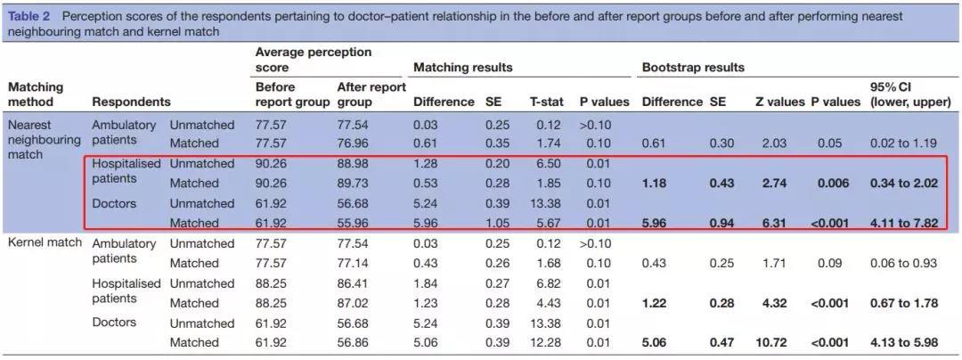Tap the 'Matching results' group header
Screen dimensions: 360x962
pos(463,67)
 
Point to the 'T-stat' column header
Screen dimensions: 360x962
pos(546,102)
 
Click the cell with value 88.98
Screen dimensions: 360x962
pos(355,164)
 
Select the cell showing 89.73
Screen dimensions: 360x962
pos(355,184)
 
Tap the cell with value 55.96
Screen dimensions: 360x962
pos(355,223)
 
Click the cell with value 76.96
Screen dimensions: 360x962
pos(355,143)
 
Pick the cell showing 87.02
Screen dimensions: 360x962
pos(355,303)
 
